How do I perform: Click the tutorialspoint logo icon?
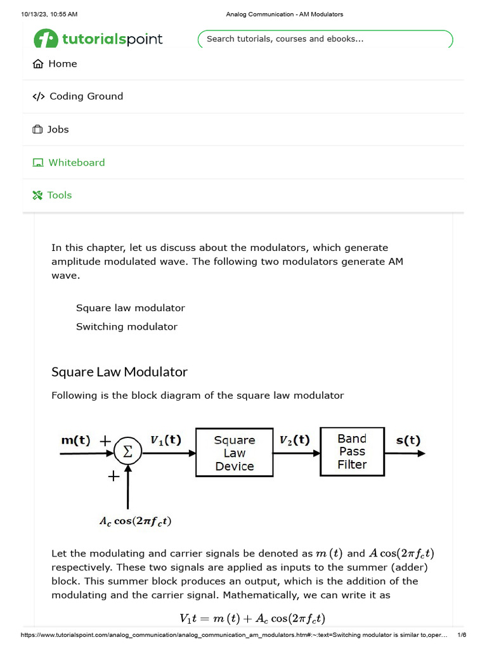(x=46, y=39)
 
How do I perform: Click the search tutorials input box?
(x=325, y=39)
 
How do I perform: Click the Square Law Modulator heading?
(x=119, y=371)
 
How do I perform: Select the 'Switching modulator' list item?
(x=127, y=327)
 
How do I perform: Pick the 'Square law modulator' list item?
(x=131, y=308)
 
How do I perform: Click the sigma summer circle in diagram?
(x=128, y=453)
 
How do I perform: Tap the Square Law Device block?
(x=235, y=453)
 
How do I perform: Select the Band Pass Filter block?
(x=352, y=452)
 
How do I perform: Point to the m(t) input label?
(x=75, y=440)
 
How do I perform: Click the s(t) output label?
(x=408, y=440)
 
